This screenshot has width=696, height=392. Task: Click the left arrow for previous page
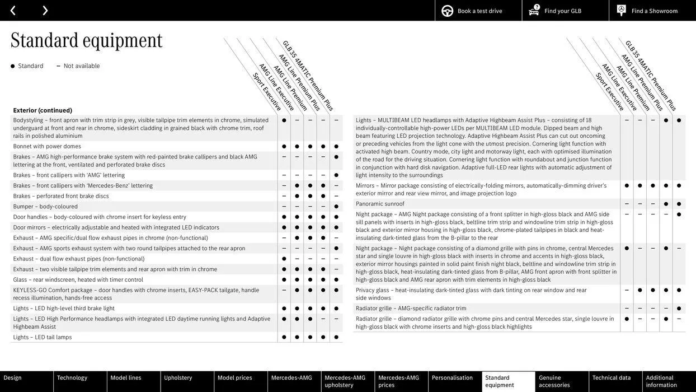point(13,11)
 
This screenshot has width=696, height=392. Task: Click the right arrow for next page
point(45,11)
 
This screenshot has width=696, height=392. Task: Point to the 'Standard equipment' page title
point(87,40)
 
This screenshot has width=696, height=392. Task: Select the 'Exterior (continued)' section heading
point(43,110)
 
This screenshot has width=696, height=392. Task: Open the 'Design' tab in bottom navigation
point(13,378)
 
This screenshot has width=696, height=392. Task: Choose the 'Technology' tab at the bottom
point(72,378)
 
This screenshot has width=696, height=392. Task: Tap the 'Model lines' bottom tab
point(126,378)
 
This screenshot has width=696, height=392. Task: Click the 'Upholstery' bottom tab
point(178,378)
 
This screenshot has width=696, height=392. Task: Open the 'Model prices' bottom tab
point(235,378)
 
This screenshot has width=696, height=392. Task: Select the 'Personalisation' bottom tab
point(452,378)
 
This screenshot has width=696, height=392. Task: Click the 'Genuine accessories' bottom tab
point(554,381)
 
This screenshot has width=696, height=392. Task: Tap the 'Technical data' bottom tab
point(612,378)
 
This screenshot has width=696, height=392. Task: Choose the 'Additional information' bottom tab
point(661,381)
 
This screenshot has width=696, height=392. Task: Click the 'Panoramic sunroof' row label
point(380,204)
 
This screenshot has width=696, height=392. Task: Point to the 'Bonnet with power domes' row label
point(47,146)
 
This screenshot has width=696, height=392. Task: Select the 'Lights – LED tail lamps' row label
point(43,337)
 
